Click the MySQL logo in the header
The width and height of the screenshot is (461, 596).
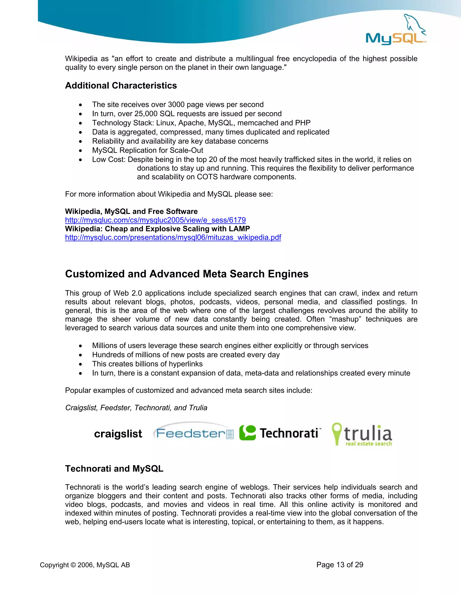[x=396, y=31]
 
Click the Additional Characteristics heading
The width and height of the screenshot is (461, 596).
[x=121, y=86]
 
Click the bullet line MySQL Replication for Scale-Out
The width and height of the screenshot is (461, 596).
[x=147, y=150]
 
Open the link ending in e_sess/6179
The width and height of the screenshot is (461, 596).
[x=155, y=220]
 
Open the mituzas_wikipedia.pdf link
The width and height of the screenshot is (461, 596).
[x=173, y=238]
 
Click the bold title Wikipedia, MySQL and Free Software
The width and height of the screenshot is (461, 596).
[x=131, y=211]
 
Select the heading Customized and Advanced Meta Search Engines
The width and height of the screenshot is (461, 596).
[x=187, y=274]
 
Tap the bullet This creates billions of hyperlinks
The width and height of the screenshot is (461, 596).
[x=147, y=364]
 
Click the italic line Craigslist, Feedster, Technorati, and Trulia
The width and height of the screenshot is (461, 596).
[x=136, y=408]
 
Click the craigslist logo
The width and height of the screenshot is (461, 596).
[x=118, y=434]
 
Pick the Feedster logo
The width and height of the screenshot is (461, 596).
[x=193, y=433]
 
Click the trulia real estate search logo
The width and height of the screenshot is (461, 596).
[x=362, y=435]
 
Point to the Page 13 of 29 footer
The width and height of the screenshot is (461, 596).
[x=340, y=565]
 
